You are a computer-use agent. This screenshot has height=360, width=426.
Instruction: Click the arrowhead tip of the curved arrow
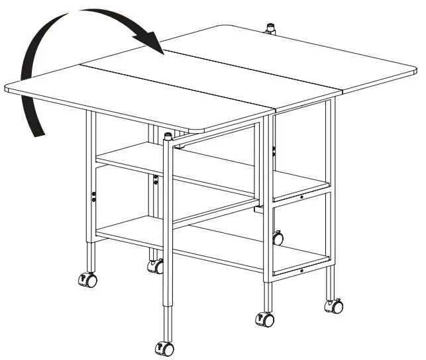click(163, 54)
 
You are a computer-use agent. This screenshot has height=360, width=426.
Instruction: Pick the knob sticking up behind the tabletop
click(270, 30)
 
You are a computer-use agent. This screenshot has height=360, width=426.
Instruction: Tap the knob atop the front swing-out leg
click(168, 138)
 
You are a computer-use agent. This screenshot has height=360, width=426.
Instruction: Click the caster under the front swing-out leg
click(164, 348)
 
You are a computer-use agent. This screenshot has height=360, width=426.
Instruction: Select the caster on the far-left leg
click(87, 280)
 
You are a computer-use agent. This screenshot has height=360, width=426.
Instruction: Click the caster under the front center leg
click(266, 319)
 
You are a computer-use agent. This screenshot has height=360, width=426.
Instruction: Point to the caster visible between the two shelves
click(278, 237)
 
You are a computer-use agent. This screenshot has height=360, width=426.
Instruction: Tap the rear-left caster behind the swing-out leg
click(156, 266)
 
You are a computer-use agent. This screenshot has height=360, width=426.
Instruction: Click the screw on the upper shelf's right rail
click(301, 197)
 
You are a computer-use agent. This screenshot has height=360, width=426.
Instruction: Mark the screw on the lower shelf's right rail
click(301, 270)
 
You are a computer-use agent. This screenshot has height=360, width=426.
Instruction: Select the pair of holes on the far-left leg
click(94, 196)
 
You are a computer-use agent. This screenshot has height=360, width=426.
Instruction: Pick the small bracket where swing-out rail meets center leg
click(258, 210)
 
